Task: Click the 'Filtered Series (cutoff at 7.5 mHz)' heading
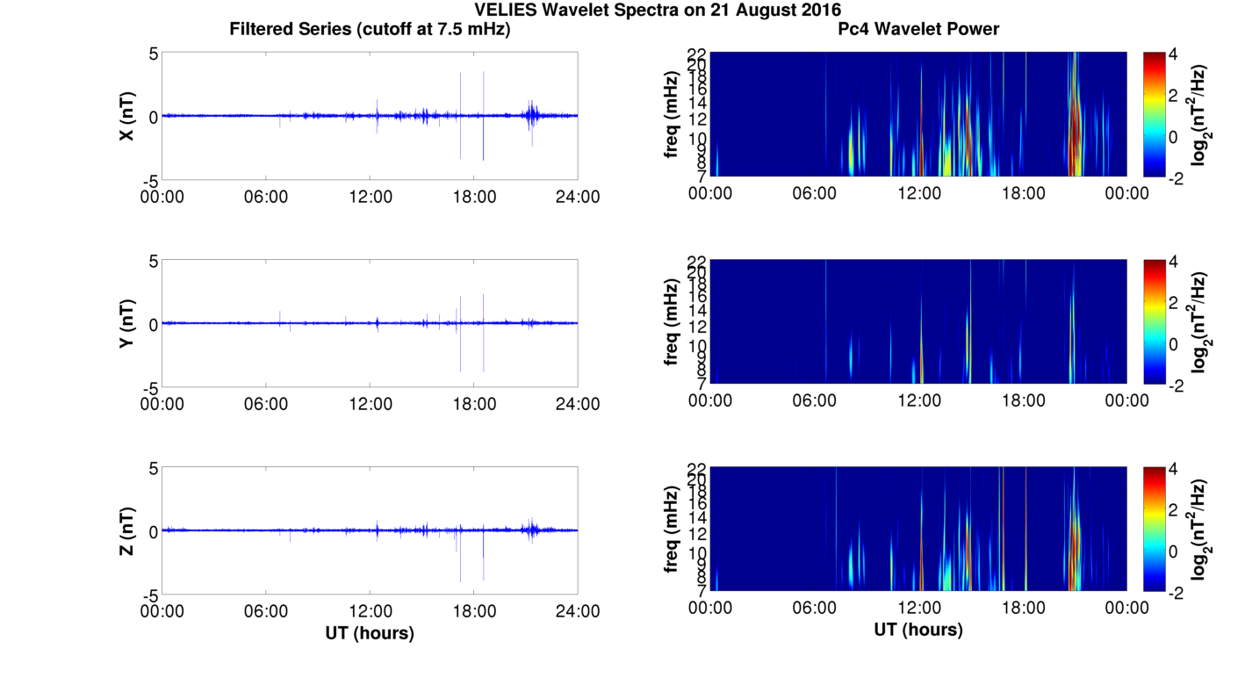(x=370, y=29)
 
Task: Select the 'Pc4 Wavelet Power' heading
(x=918, y=29)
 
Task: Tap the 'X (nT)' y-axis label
(x=127, y=116)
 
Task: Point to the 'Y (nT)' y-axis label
(x=127, y=324)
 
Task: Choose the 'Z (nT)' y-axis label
(x=127, y=531)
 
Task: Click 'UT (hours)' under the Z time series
(x=370, y=632)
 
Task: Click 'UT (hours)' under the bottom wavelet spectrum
(x=918, y=630)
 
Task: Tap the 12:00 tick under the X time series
(x=370, y=197)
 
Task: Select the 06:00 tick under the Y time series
(x=266, y=404)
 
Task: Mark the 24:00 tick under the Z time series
(x=578, y=611)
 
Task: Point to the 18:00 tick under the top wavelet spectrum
(x=1023, y=193)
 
